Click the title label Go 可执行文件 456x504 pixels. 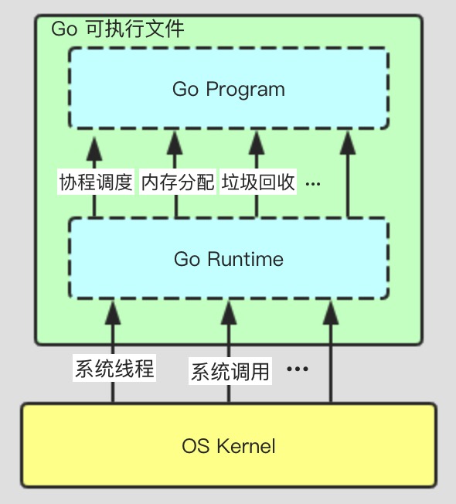click(118, 29)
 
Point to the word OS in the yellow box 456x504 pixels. click(196, 446)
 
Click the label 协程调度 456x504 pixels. click(96, 182)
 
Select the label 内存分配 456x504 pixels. click(178, 182)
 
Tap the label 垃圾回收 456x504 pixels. click(258, 182)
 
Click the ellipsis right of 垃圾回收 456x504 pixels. click(313, 184)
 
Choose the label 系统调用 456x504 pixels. click(230, 372)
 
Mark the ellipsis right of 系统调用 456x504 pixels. click(298, 369)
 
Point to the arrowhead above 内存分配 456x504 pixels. click(176, 143)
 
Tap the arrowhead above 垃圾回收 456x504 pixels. click(257, 143)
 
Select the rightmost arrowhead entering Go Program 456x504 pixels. click(348, 143)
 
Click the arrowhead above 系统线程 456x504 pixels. click(113, 312)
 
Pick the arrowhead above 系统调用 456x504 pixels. click(229, 312)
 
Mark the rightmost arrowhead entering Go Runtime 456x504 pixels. click(331, 312)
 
